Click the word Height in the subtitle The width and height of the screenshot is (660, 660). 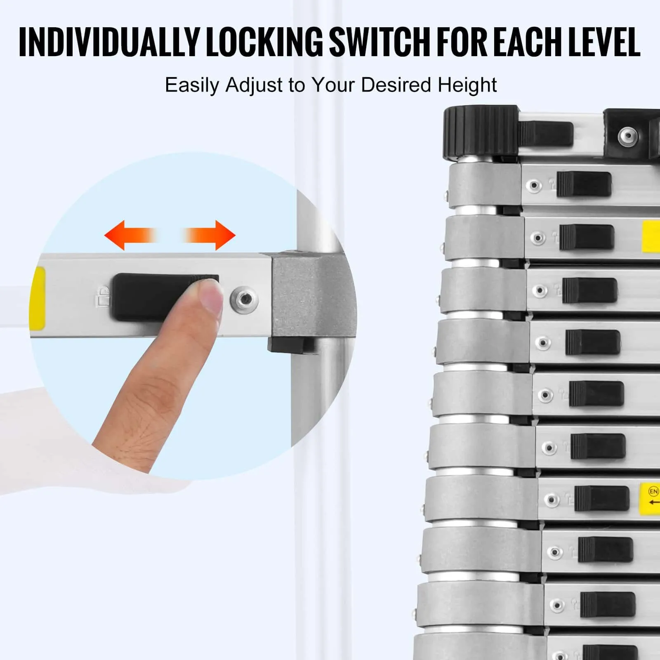(x=467, y=85)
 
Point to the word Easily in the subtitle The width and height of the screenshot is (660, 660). (x=192, y=85)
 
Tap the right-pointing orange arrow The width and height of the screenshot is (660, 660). (x=209, y=235)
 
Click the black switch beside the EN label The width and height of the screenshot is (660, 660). (x=602, y=498)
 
